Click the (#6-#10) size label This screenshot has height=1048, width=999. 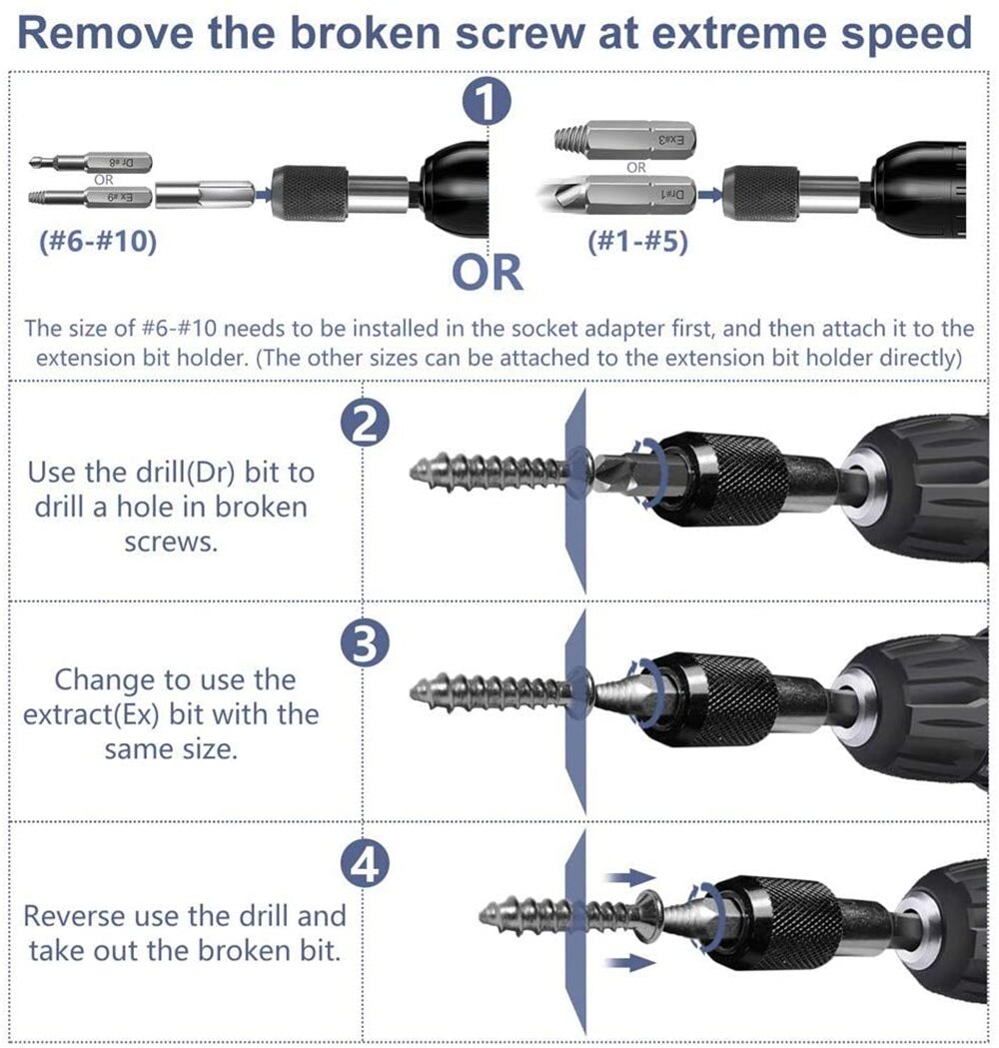point(98,243)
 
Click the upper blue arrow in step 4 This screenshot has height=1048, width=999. point(626,876)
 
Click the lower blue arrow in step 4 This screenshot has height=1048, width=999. point(626,962)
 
